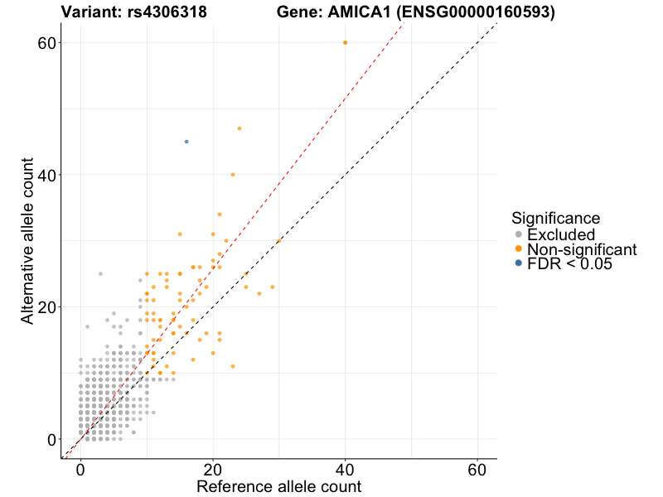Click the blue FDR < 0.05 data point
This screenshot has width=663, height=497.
click(x=186, y=142)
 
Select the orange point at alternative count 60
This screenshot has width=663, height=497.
click(x=345, y=42)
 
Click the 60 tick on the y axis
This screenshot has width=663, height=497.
click(x=48, y=42)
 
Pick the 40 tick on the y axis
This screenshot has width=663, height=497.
click(x=48, y=175)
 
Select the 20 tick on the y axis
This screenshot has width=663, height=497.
click(x=48, y=306)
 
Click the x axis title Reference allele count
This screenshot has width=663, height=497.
click(x=278, y=486)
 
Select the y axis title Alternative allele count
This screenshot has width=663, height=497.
click(x=28, y=241)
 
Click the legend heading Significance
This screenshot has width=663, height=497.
click(x=556, y=219)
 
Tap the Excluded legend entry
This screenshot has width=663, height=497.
click(x=561, y=234)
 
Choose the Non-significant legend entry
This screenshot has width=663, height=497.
click(x=581, y=249)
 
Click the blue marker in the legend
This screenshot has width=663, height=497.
click(x=519, y=263)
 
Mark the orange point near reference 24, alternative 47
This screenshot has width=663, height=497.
click(x=240, y=128)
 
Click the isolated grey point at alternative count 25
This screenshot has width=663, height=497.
click(x=100, y=273)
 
